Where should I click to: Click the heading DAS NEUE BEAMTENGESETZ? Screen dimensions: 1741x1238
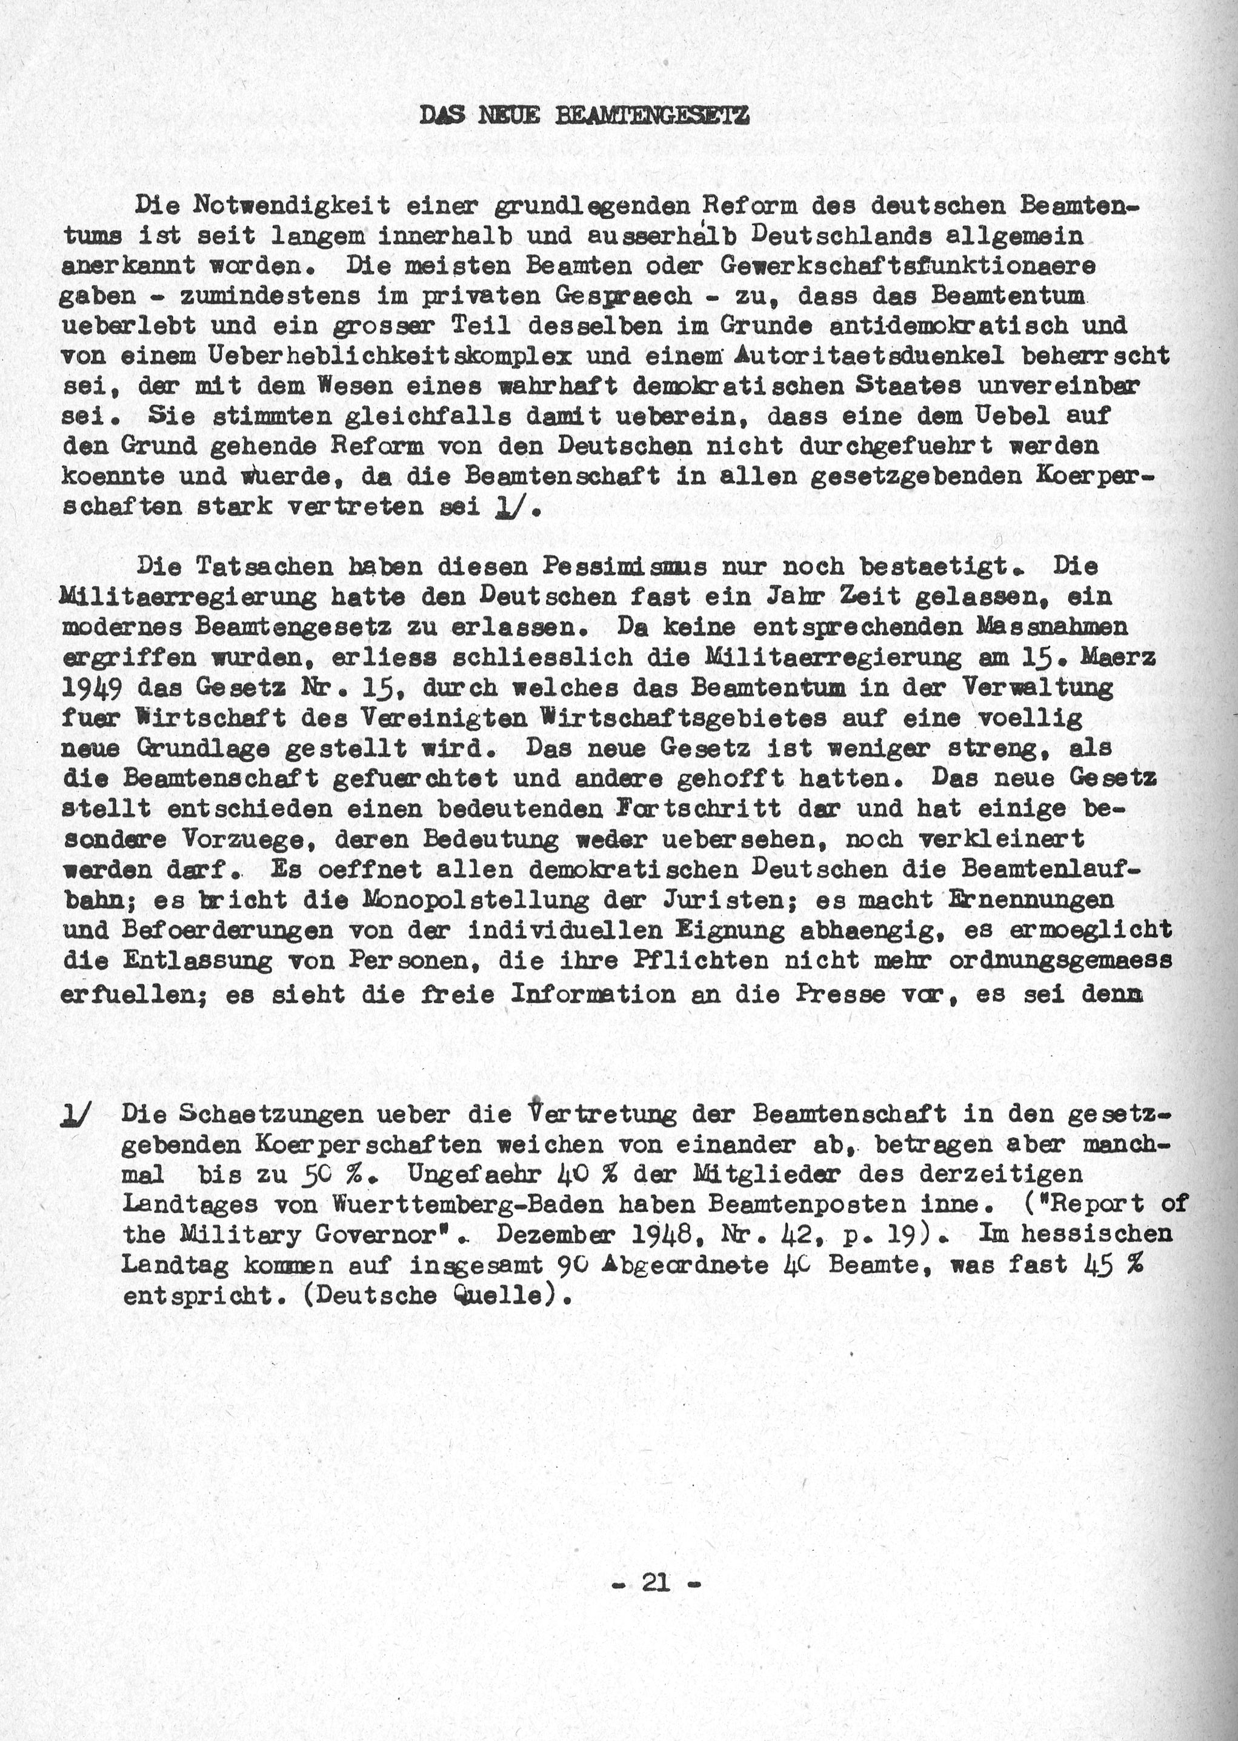(x=585, y=115)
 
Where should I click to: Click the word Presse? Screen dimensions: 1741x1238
(x=846, y=994)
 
